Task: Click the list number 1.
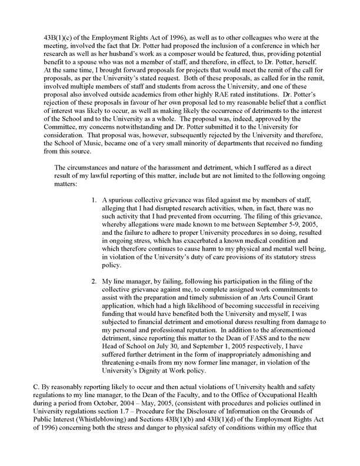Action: [94, 194]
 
